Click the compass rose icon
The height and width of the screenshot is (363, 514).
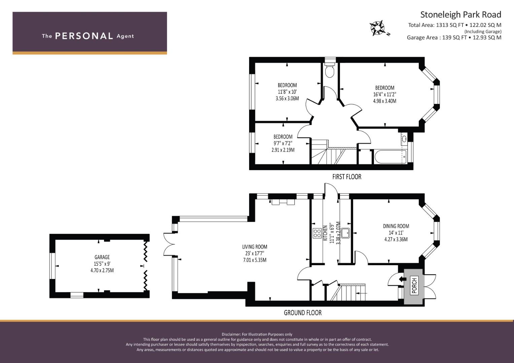[x=377, y=28]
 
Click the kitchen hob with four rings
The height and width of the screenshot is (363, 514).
[x=317, y=233]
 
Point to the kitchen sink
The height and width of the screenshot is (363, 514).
[x=345, y=233]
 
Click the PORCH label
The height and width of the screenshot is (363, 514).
[x=414, y=286]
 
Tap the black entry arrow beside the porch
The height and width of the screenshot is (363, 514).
[x=403, y=279]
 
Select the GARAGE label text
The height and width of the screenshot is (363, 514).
[x=102, y=257]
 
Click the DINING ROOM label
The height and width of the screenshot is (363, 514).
[x=396, y=226]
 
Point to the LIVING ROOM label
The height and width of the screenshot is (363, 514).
[x=255, y=247]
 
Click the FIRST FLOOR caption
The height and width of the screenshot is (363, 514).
[x=347, y=177]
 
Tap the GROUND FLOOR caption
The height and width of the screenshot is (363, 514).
[x=303, y=313]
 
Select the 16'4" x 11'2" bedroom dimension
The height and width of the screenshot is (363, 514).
[x=385, y=94]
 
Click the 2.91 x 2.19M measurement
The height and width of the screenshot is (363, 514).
[x=283, y=150]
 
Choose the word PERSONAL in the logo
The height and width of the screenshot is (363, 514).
[x=84, y=36]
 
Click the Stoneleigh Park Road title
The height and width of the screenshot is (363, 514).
[x=461, y=15]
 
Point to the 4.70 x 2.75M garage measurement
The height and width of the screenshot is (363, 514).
[x=102, y=271]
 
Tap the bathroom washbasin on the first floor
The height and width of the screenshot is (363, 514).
[x=404, y=138]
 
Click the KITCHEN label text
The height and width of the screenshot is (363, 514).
[x=325, y=233]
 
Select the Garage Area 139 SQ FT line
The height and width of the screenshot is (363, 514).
[x=454, y=38]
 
